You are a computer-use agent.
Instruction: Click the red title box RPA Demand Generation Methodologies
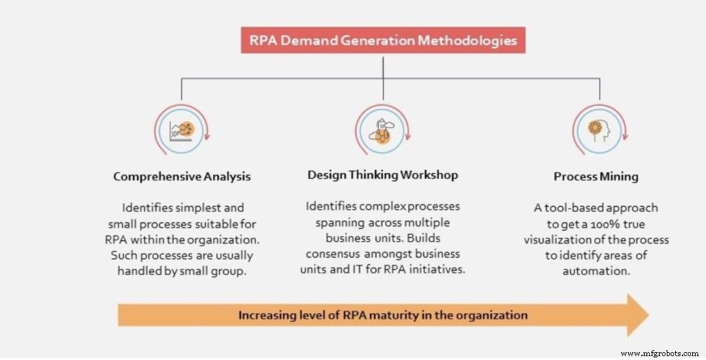pos(383,41)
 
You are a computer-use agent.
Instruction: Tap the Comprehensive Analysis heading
pos(182,176)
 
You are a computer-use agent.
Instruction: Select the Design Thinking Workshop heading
pos(382,174)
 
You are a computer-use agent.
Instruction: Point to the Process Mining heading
pos(596,176)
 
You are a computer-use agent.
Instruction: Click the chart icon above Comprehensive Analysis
pos(182,128)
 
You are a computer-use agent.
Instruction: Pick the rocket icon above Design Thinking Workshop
pos(382,128)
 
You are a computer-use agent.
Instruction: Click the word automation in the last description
pos(596,270)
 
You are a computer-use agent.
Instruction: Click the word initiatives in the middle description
pos(435,269)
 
